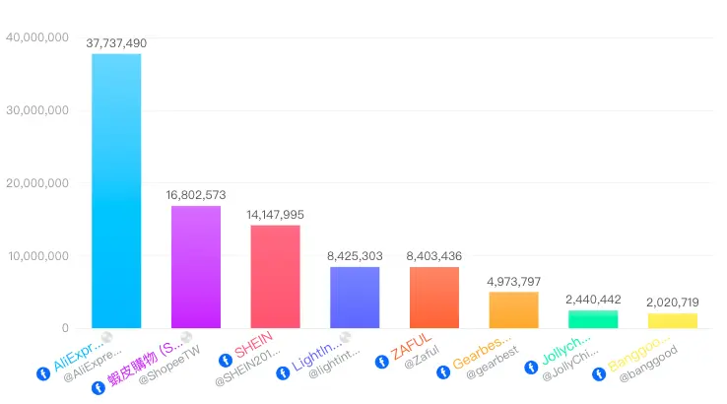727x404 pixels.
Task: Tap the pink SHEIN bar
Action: (275, 276)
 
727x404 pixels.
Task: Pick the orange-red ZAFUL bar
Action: (434, 297)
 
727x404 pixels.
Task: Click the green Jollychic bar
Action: (593, 319)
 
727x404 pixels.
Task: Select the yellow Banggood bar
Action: (673, 320)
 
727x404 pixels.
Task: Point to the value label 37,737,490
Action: (116, 43)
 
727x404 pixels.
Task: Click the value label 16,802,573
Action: (196, 195)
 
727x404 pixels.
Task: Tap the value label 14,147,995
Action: (275, 215)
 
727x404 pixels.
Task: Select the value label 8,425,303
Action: (355, 256)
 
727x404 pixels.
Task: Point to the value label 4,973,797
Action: (513, 282)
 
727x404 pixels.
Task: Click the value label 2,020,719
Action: (673, 303)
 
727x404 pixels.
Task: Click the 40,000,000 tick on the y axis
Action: (36, 37)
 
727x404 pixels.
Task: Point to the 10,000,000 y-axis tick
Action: (36, 256)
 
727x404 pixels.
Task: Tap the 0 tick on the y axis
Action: (64, 328)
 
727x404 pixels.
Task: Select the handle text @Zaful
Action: (421, 364)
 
